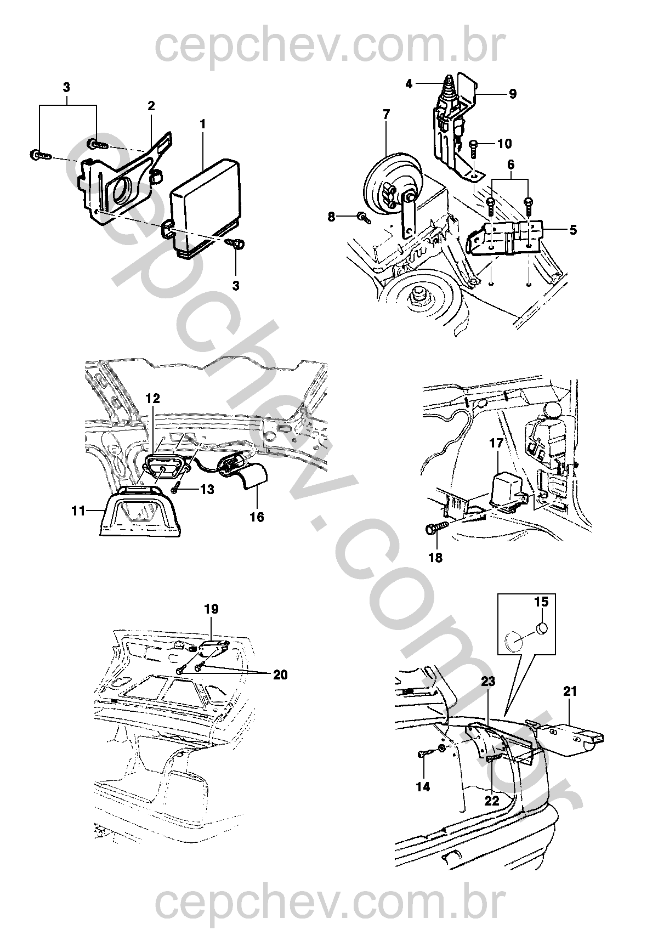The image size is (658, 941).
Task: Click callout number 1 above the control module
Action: (x=202, y=124)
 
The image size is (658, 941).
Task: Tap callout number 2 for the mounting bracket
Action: (x=151, y=106)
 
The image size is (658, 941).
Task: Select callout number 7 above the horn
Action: (x=386, y=115)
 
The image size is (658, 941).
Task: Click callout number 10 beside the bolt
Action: (x=504, y=144)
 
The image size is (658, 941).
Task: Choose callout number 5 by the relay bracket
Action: (x=573, y=230)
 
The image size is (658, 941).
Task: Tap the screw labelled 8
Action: (x=364, y=218)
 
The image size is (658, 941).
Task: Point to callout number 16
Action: (x=257, y=517)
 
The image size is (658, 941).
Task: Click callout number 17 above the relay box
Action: (x=496, y=443)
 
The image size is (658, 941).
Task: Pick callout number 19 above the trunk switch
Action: (x=212, y=609)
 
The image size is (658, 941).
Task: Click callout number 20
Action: (x=280, y=675)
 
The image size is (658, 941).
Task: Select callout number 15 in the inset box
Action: (x=541, y=602)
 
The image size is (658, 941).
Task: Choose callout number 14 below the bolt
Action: (x=423, y=787)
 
